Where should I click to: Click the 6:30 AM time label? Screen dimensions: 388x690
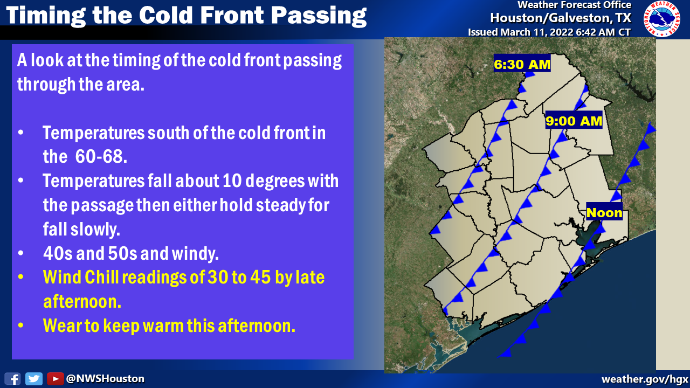tap(522, 65)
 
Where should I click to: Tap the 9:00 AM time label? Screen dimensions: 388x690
tap(574, 121)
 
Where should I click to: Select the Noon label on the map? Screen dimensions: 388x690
tap(604, 212)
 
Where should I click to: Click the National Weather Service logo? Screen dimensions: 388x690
tap(661, 19)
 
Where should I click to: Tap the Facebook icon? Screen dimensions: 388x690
tap(13, 379)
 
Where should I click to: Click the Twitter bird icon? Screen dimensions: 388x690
tap(34, 379)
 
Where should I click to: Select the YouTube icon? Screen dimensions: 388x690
tap(55, 379)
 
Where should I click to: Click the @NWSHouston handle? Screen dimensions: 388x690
tap(105, 379)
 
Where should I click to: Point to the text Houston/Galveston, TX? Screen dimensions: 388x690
tap(561, 18)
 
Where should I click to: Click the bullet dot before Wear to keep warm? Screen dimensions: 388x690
tap(21, 326)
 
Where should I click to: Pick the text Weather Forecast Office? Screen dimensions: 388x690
tap(574, 5)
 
